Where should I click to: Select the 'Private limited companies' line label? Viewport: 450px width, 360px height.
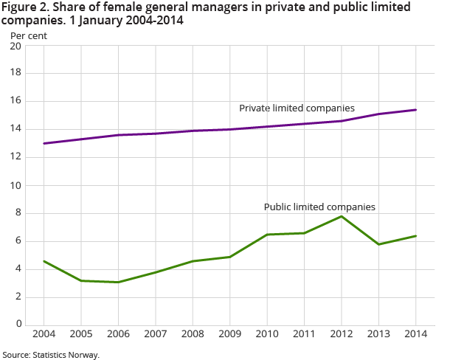297,108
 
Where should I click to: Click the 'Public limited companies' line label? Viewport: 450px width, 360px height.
319,207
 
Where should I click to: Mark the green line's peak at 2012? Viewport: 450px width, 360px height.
342,216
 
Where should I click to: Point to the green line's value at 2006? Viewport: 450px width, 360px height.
119,282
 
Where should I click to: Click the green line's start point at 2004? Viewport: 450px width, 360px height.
44,261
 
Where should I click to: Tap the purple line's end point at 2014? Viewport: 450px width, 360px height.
416,110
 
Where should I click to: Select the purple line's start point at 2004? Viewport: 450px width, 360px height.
44,143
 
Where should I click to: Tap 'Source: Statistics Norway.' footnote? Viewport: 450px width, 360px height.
50,355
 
